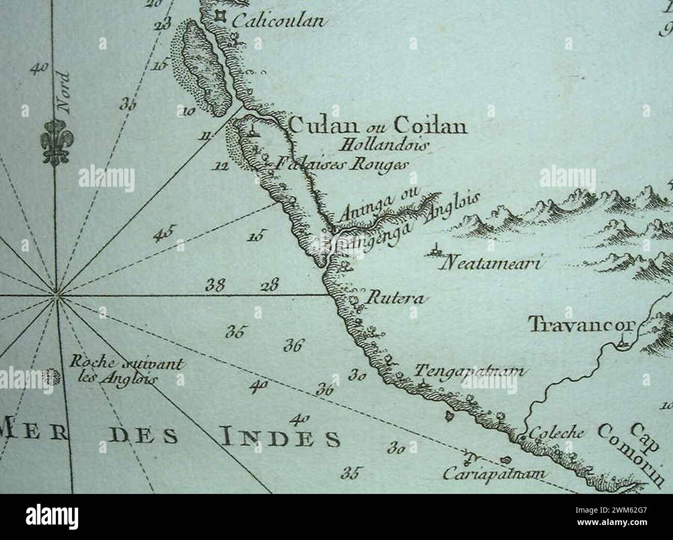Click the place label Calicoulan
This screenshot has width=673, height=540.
277,21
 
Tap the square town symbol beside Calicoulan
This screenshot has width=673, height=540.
221,17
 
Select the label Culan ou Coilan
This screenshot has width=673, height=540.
377,126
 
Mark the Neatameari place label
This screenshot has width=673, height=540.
489,265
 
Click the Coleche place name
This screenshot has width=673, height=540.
555,433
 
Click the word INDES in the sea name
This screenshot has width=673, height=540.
281,438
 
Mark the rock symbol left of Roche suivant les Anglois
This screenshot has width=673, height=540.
51,376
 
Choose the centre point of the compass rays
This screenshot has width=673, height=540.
56,296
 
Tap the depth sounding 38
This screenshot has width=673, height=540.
215,285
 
